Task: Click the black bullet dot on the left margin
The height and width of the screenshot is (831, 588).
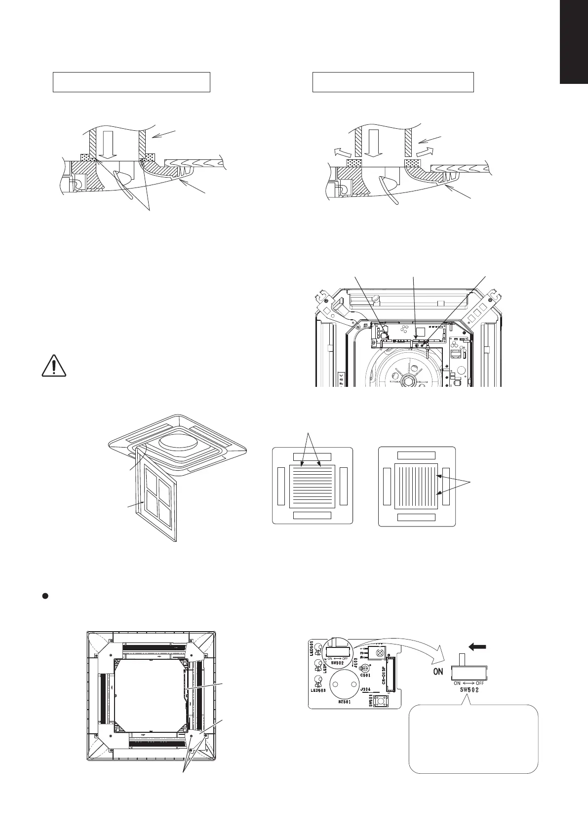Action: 44,596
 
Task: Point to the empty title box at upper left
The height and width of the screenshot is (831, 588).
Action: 132,82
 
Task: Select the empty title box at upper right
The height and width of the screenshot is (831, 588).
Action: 393,82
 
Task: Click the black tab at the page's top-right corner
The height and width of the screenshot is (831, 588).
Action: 574,42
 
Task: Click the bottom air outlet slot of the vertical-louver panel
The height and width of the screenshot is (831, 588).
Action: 416,518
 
